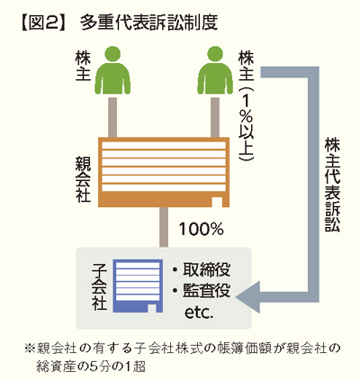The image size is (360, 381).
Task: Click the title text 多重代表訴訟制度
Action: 149,23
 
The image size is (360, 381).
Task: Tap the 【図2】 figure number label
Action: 43,23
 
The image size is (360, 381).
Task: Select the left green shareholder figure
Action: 112,70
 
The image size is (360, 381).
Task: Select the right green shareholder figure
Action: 215,70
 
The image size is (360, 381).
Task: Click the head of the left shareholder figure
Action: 112,54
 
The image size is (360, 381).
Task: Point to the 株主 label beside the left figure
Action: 83,67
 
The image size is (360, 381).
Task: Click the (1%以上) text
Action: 246,123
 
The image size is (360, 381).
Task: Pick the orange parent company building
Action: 164,172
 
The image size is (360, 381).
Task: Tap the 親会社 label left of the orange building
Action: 83,179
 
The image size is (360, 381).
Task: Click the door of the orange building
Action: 217,202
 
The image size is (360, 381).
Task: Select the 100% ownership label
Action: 202,229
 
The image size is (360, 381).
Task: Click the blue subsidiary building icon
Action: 138,286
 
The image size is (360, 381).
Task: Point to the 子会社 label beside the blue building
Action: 99,286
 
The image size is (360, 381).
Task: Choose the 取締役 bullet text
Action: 201,269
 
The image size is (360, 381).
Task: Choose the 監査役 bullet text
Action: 201,290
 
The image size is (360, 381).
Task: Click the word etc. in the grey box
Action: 199,313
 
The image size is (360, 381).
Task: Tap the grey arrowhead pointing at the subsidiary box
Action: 247,297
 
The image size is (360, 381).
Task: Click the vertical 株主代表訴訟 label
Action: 332,185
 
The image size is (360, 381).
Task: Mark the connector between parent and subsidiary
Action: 164,227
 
